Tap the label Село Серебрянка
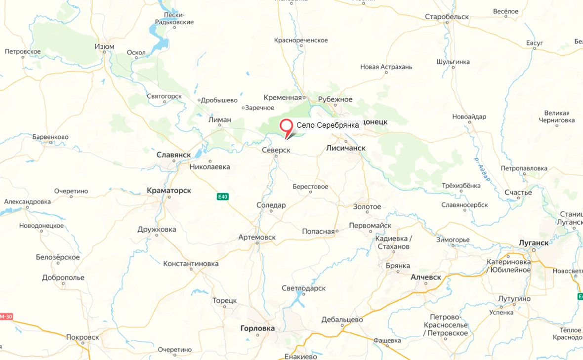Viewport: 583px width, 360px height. (328, 125)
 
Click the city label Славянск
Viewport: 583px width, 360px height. (173, 155)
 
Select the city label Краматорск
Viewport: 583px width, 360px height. (169, 190)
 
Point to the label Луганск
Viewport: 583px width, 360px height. (534, 242)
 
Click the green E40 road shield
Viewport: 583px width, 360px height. (223, 197)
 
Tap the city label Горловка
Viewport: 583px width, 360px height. (257, 328)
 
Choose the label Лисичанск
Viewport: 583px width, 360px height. (346, 148)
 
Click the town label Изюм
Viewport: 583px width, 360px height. (104, 47)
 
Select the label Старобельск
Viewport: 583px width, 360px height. (447, 17)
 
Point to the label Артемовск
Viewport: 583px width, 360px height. (257, 238)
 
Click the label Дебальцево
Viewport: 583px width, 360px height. (342, 320)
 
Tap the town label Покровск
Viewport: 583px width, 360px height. (83, 337)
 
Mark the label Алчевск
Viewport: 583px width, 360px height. (426, 277)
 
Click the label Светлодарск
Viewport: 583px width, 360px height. (303, 288)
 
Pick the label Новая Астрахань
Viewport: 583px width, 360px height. (386, 67)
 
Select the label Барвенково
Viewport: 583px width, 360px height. (50, 137)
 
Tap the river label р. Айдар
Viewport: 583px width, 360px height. (483, 169)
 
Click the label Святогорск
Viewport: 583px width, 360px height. (165, 96)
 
